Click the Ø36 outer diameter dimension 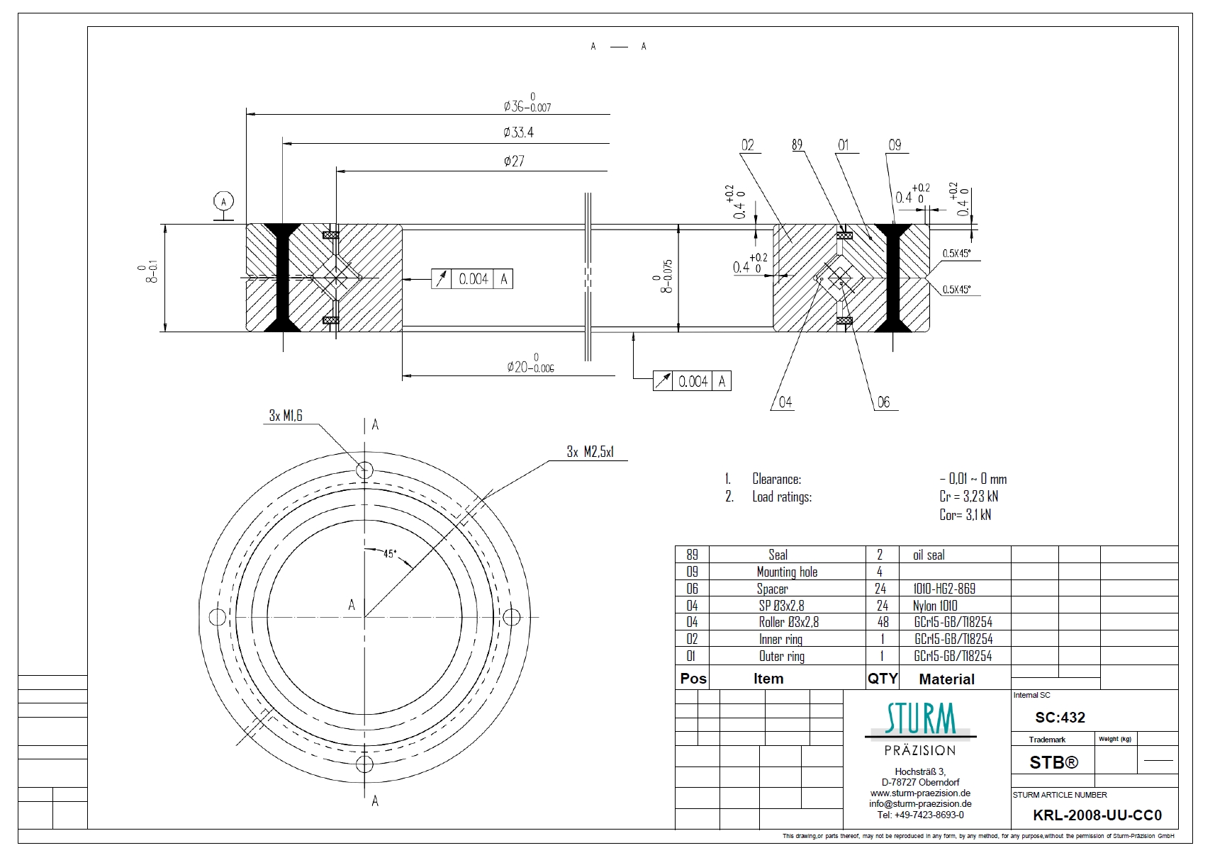pyautogui.click(x=527, y=103)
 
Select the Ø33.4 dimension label pyautogui.click(x=518, y=132)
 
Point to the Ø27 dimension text pyautogui.click(x=514, y=161)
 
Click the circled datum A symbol pyautogui.click(x=223, y=202)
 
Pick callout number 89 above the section pyautogui.click(x=797, y=145)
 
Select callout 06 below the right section pyautogui.click(x=883, y=402)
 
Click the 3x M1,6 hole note pyautogui.click(x=286, y=416)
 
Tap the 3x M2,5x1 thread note pyautogui.click(x=590, y=452)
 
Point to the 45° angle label pyautogui.click(x=390, y=554)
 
